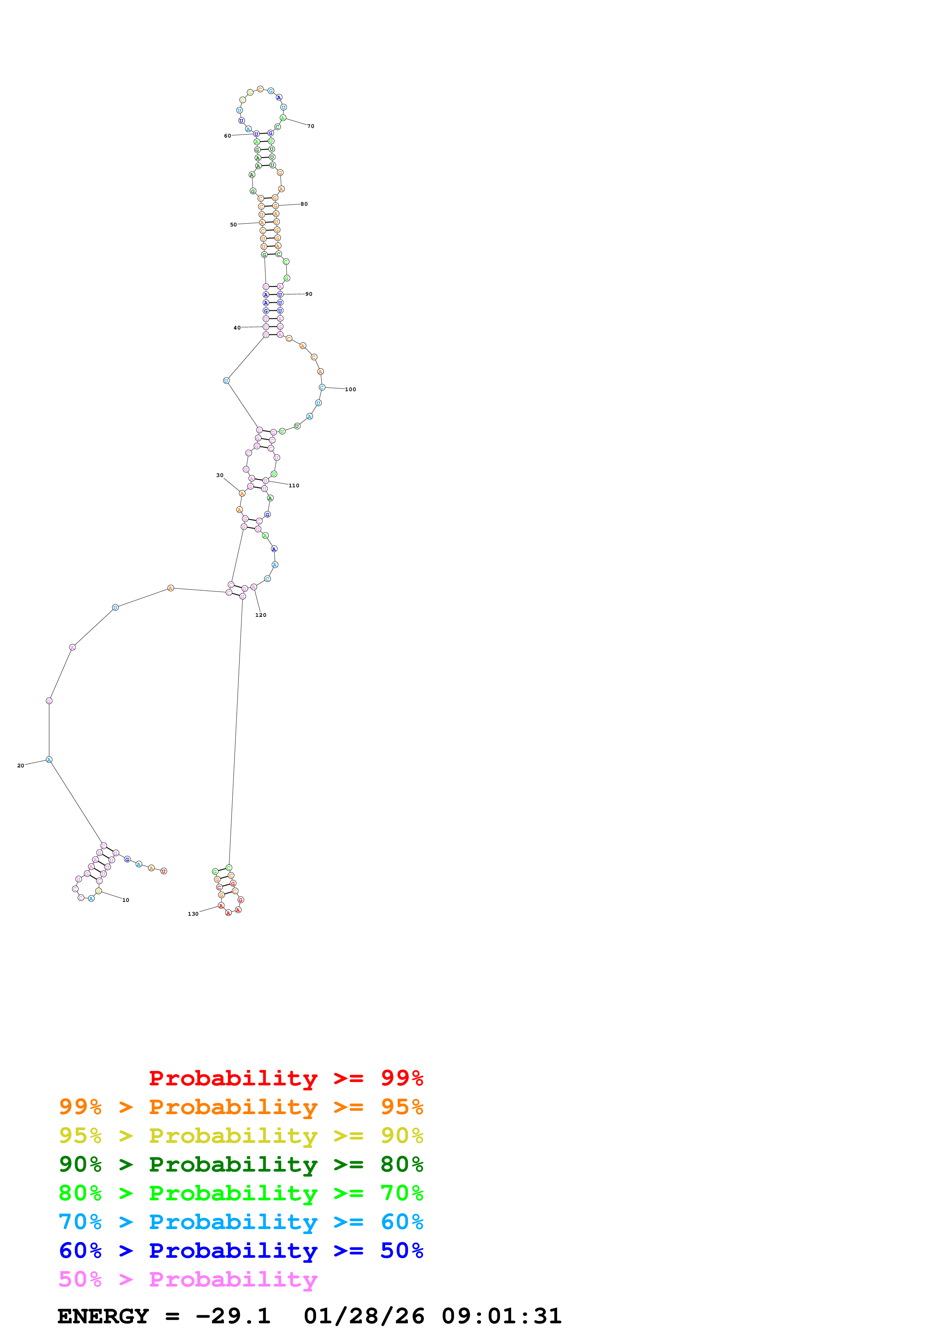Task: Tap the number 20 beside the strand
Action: (x=20, y=765)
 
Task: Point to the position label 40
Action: (x=237, y=328)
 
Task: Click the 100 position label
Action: (x=350, y=389)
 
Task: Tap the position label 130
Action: (x=193, y=914)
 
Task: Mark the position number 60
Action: (x=227, y=136)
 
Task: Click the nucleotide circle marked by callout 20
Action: (x=49, y=759)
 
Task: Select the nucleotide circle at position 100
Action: (x=322, y=387)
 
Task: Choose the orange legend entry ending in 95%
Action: (x=241, y=1106)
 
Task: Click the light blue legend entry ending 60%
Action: (x=241, y=1222)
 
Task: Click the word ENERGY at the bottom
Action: (x=103, y=1316)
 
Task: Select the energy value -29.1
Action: (x=233, y=1316)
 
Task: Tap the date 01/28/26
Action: (x=364, y=1316)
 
